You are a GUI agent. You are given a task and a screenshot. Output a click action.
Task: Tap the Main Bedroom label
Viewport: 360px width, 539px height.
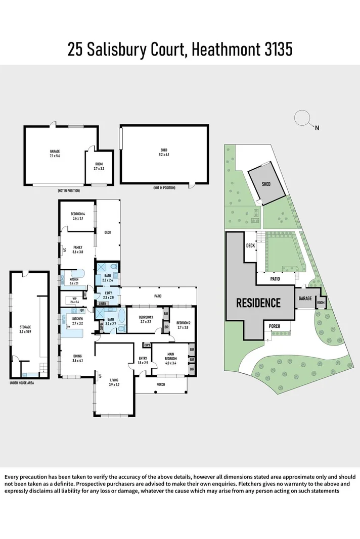tap(170, 359)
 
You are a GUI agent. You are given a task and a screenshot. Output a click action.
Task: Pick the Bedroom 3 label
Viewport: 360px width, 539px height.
tap(146, 319)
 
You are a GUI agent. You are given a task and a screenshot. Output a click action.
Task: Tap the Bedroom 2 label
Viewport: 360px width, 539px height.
tap(183, 325)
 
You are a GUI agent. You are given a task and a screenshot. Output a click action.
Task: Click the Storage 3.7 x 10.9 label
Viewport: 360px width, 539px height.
tap(25, 329)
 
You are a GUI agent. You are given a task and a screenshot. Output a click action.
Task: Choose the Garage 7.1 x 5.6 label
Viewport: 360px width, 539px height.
tap(55, 154)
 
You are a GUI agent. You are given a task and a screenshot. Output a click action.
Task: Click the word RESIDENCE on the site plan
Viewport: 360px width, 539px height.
tap(259, 303)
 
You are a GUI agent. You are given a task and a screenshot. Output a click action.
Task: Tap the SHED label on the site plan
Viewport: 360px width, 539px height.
tap(266, 184)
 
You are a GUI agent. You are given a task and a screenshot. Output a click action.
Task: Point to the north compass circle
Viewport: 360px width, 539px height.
tap(302, 118)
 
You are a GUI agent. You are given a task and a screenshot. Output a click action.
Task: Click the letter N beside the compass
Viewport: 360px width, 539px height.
tap(317, 128)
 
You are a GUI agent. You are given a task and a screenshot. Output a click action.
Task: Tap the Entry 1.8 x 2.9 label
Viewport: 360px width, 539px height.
tap(143, 361)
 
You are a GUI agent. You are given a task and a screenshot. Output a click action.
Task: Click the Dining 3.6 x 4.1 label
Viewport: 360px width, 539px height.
tap(77, 358)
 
